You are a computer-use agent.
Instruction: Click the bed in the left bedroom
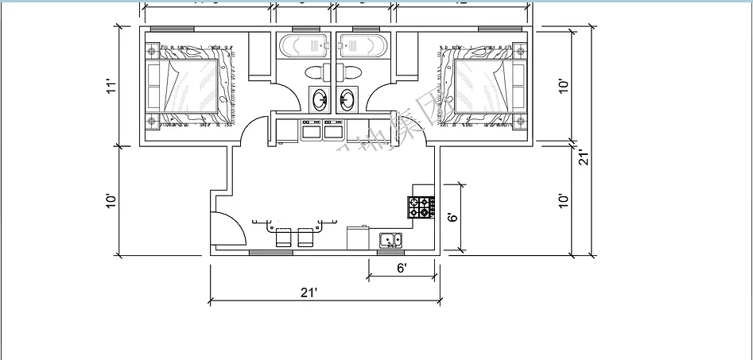191,86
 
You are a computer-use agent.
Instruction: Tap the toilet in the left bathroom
316,72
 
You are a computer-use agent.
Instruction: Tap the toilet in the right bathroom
350,72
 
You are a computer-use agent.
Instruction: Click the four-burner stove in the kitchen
421,207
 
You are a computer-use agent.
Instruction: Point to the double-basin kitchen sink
390,239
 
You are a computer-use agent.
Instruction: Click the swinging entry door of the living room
228,230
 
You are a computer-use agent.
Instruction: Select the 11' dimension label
112,86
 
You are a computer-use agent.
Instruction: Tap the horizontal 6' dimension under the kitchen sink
402,268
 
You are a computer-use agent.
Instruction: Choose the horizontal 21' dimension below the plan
309,292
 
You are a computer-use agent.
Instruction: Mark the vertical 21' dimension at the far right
583,157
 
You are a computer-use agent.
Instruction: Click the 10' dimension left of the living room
112,201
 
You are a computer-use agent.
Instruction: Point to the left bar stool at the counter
283,237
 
